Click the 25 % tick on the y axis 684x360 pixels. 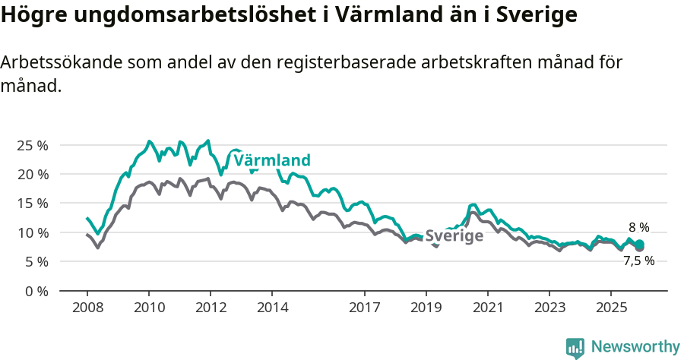click(32, 145)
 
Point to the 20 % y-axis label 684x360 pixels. click(32, 174)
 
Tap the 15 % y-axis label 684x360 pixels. click(32, 203)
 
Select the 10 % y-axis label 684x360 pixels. click(32, 232)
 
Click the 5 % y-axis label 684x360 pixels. click(36, 261)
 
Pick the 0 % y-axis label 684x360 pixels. click(36, 291)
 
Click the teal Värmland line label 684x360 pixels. click(272, 160)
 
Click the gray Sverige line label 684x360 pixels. click(454, 236)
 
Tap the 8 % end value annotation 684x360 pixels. click(638, 227)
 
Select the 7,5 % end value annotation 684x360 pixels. click(638, 261)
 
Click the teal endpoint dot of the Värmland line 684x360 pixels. click(640, 244)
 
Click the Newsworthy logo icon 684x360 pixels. click(575, 347)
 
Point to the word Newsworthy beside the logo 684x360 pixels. click(635, 347)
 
